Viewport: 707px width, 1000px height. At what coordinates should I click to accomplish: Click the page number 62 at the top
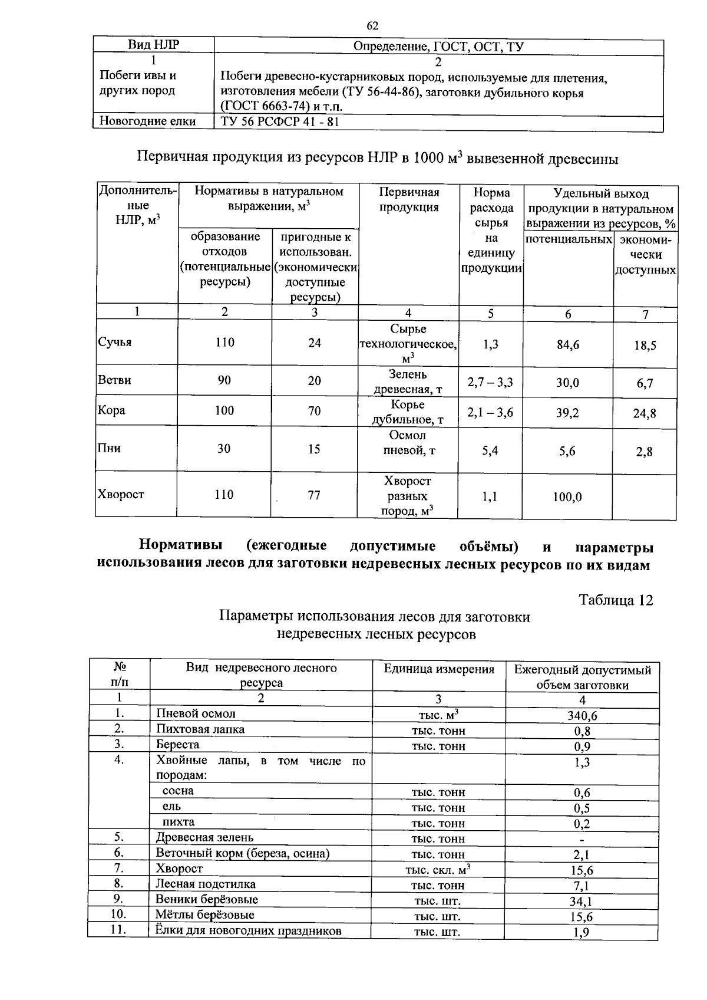(372, 25)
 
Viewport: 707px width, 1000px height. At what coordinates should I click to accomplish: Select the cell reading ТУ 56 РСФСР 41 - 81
(280, 122)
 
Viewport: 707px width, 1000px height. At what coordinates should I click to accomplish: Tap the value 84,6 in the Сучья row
(567, 345)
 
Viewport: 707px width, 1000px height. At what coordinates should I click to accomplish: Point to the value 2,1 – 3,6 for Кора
(490, 413)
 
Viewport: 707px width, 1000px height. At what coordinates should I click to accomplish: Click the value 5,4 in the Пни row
(490, 451)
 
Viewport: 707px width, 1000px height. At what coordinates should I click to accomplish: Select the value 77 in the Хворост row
(314, 495)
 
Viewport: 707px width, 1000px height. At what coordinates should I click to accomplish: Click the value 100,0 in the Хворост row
(567, 497)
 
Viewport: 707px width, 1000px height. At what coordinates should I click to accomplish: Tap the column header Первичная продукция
(408, 200)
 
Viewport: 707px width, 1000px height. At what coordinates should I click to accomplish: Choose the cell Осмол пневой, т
(408, 443)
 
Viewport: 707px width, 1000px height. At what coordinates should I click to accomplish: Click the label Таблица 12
(616, 600)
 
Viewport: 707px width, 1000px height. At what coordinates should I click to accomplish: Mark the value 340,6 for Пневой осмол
(582, 715)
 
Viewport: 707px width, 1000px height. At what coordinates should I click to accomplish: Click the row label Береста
(177, 745)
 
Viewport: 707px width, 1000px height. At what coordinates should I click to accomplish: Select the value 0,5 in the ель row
(582, 808)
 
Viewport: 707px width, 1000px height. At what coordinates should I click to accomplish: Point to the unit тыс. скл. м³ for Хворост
(438, 870)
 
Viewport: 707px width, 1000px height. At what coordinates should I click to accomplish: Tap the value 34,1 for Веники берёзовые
(582, 901)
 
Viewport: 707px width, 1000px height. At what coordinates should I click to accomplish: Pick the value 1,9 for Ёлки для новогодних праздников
(582, 932)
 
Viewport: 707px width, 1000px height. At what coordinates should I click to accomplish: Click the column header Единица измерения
(439, 669)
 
